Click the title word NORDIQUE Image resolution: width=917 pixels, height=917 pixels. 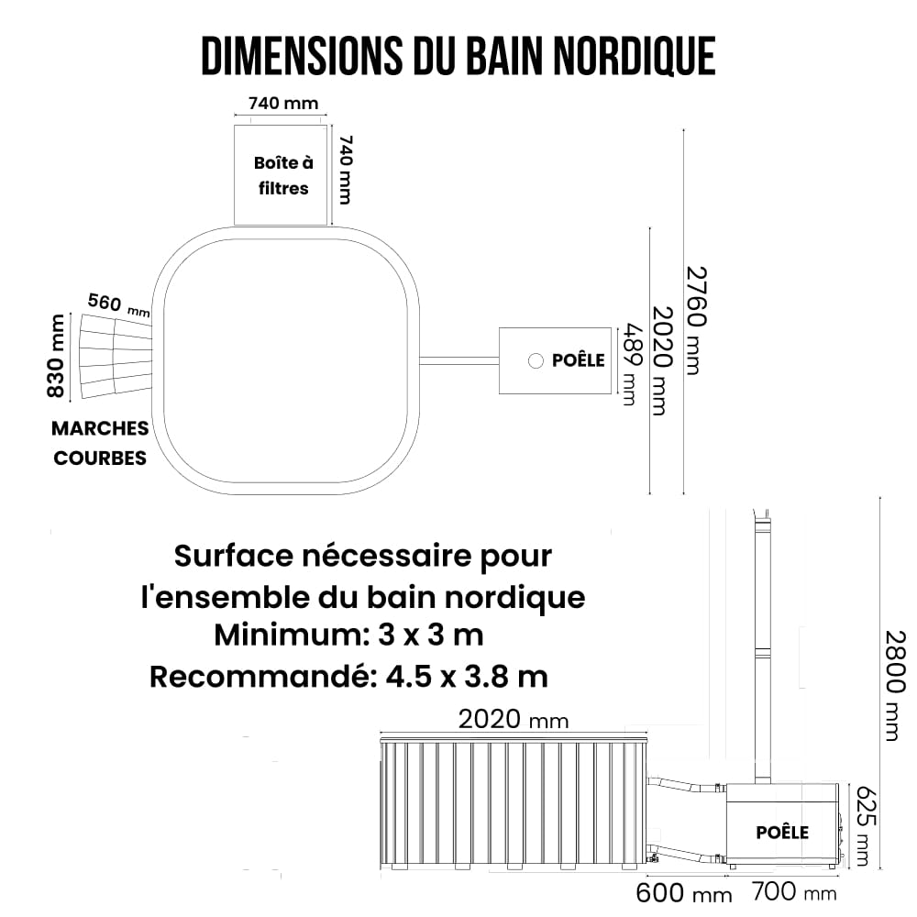tap(634, 56)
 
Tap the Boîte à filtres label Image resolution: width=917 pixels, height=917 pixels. tap(283, 175)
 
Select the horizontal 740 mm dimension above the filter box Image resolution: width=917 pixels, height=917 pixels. tap(283, 104)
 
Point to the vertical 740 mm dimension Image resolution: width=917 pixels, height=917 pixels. tap(346, 170)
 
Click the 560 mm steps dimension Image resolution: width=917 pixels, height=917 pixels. tap(118, 304)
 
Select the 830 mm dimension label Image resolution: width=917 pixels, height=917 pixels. tap(56, 356)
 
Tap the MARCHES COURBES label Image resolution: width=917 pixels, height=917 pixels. tap(100, 443)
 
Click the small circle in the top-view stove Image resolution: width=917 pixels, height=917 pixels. tap(536, 360)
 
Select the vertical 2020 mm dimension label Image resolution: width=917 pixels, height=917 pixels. tap(662, 360)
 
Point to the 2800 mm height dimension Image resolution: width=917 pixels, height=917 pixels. tap(895, 685)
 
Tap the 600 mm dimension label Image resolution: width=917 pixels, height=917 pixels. tap(684, 893)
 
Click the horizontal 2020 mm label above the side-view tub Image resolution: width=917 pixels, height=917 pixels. tap(513, 719)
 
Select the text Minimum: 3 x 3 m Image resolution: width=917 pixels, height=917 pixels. tap(349, 635)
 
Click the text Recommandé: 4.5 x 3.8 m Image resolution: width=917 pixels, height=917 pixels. tap(349, 677)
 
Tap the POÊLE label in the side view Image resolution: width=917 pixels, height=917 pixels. tap(782, 833)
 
